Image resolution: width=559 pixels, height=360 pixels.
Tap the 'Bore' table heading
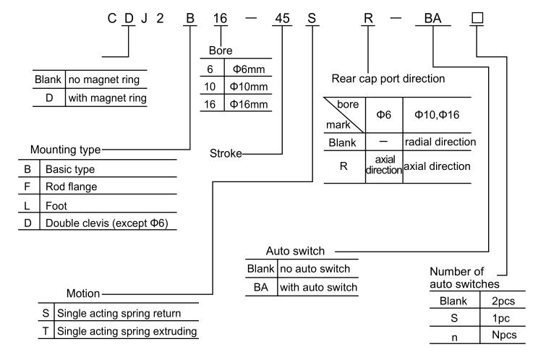221,51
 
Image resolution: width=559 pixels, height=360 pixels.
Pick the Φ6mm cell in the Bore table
248,70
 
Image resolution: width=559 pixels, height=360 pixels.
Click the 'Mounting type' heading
66,150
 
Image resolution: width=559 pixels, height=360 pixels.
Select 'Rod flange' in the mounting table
72,187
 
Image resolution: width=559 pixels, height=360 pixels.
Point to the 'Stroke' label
225,153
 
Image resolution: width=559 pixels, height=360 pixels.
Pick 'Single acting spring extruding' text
123,331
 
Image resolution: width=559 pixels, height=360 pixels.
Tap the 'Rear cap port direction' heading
388,78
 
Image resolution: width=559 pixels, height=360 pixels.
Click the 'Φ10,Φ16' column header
437,114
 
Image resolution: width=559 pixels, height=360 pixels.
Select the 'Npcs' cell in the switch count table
500,335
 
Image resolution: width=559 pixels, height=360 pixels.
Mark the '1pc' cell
500,317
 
